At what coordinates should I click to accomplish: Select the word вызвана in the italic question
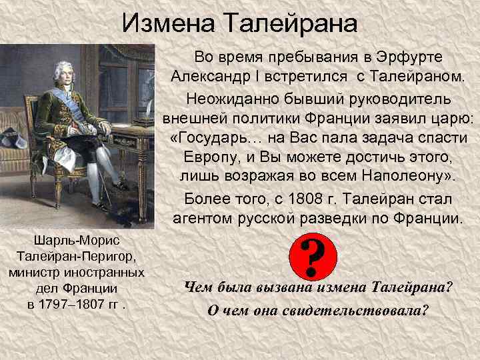284,288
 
